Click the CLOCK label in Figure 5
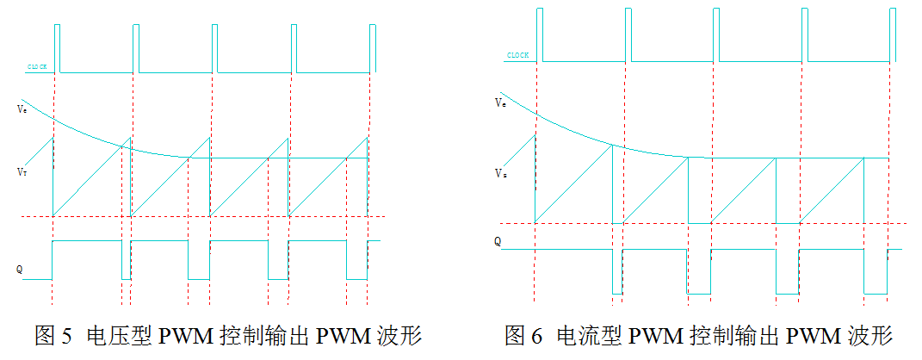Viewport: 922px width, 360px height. coord(37,66)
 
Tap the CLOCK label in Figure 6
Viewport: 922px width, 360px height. coord(517,55)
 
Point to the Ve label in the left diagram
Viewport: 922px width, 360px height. coord(21,109)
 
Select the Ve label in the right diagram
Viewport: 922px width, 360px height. coord(500,103)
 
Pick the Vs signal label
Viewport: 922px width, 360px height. coord(499,174)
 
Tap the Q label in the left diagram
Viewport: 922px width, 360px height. coord(19,270)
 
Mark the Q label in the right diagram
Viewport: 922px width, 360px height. coord(498,242)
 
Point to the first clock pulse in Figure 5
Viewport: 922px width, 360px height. coord(57,47)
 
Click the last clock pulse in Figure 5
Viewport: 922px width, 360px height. coord(373,47)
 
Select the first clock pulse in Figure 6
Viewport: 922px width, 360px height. coord(538,34)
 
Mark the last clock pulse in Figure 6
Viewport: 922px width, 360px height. coord(890,34)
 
